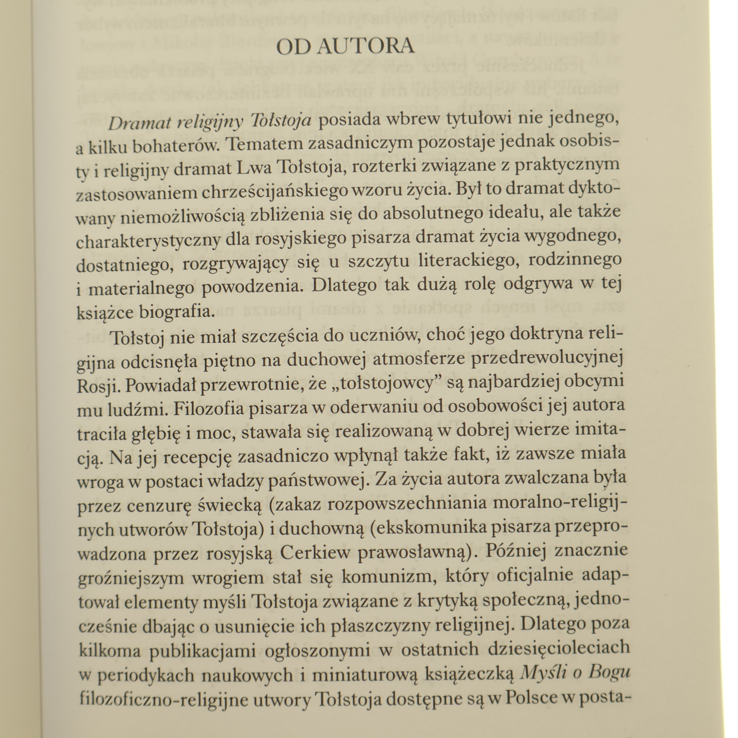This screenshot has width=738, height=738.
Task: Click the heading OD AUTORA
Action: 345,47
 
